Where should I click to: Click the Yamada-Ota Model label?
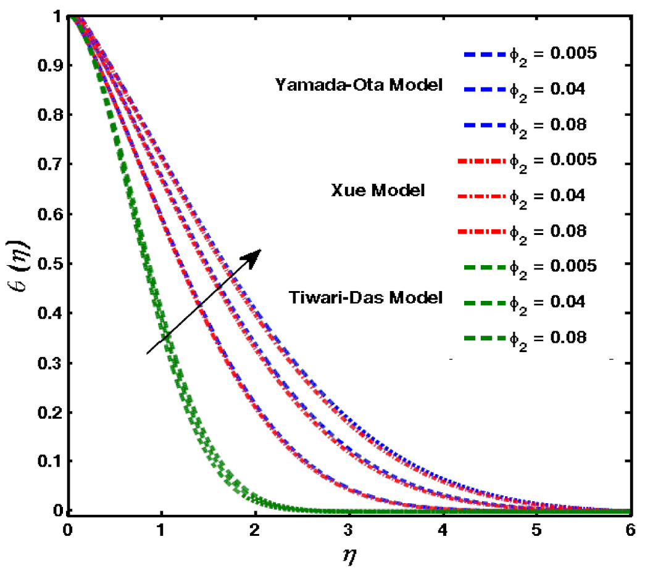[x=359, y=86]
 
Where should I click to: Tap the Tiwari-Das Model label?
[x=366, y=298]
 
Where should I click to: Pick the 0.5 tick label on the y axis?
[x=48, y=264]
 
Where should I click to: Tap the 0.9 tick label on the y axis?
[x=48, y=65]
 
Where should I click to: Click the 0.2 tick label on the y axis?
[x=48, y=413]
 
